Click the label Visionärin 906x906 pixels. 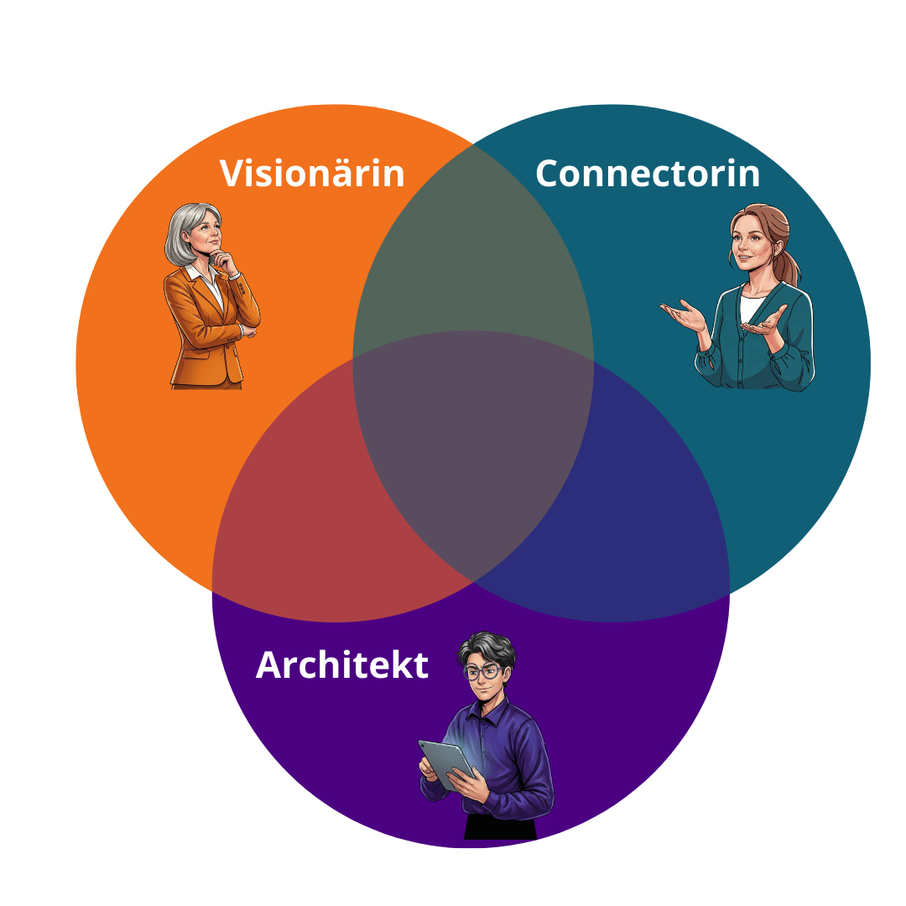(312, 173)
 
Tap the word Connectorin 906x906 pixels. (647, 173)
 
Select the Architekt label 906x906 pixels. (341, 665)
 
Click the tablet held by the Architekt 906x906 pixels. (445, 763)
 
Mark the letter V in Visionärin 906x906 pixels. (232, 173)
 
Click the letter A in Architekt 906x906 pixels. (270, 665)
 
